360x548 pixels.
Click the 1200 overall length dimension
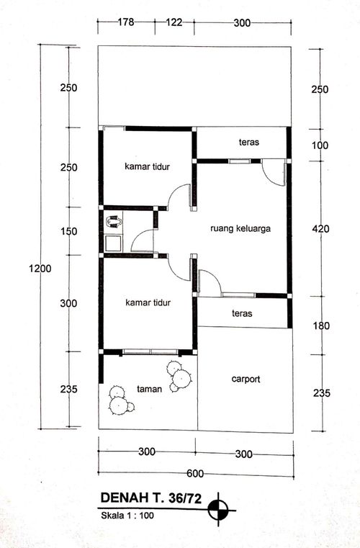pos(40,269)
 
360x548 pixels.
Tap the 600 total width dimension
pos(194,473)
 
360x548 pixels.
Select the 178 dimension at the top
pos(127,24)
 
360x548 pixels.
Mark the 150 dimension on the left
pos(68,231)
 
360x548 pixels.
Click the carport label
pos(246,378)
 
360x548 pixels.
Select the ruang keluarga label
pos(240,229)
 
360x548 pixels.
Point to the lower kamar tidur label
pos(147,302)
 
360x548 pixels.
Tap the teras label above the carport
pos(241,313)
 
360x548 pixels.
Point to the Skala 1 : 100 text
pos(127,515)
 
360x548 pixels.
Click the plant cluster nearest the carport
pos(178,376)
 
